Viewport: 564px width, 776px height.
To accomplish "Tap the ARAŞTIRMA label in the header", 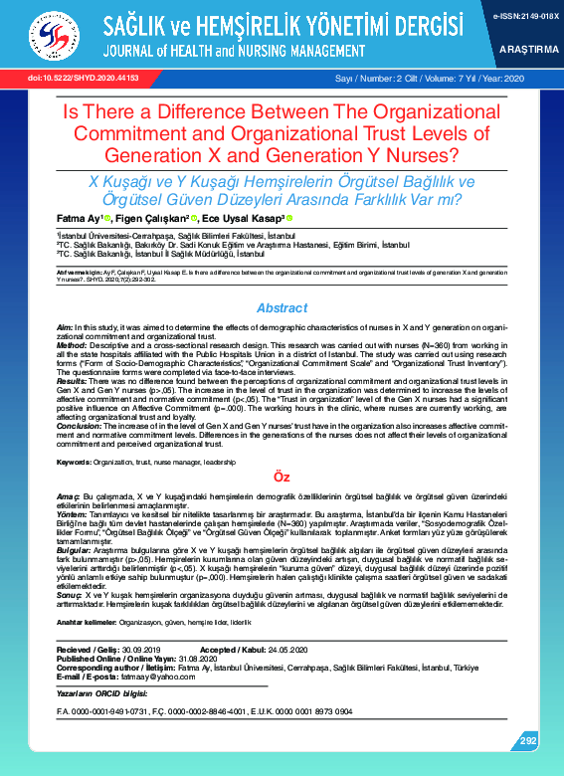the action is (x=529, y=47).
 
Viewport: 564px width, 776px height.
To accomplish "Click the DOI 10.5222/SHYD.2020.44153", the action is (x=69, y=77).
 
